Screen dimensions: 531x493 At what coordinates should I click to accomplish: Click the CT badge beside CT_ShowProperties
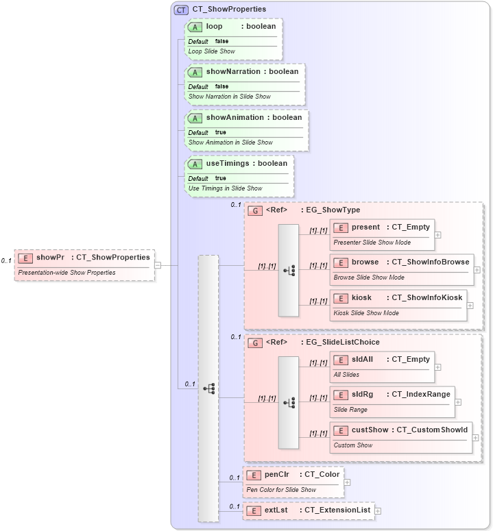click(181, 10)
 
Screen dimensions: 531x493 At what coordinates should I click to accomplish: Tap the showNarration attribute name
click(233, 71)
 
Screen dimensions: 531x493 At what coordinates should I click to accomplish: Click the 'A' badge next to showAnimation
click(195, 118)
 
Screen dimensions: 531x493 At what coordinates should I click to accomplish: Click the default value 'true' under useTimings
click(220, 178)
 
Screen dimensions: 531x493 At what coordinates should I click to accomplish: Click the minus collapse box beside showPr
click(158, 265)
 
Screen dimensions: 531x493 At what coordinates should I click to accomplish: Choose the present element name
click(365, 227)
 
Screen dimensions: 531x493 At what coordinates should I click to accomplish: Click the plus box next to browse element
click(477, 270)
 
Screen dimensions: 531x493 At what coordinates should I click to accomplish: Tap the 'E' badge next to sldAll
click(341, 359)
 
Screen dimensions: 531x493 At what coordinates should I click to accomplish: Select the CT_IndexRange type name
click(421, 394)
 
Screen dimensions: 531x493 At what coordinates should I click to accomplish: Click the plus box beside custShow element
click(475, 437)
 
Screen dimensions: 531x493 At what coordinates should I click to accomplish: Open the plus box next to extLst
click(378, 510)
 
